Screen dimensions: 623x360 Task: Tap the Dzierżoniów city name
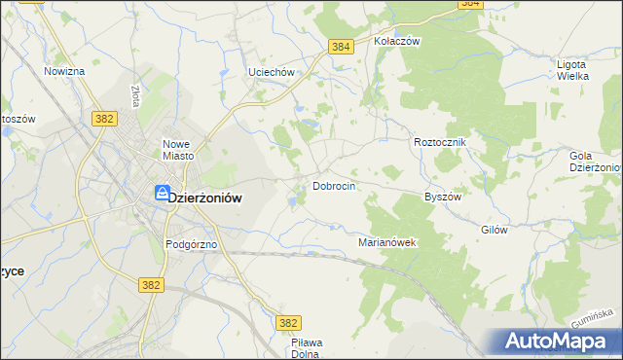205,196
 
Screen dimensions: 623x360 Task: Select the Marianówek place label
387,242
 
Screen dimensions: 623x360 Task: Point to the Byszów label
442,196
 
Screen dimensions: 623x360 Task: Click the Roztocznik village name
441,142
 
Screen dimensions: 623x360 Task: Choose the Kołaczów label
396,42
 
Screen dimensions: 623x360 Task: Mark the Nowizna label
64,71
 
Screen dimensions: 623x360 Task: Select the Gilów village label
495,230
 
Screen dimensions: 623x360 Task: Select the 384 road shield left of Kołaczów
340,46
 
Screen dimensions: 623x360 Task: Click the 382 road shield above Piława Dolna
287,322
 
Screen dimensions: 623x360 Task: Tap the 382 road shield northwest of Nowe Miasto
106,118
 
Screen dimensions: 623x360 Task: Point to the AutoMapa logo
558,342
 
